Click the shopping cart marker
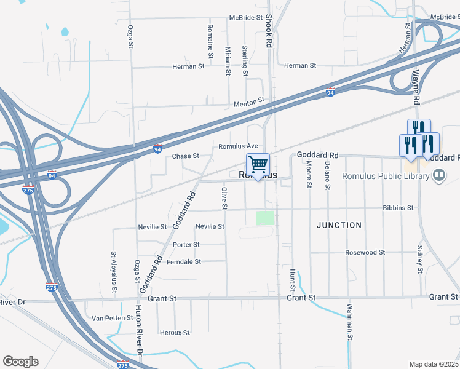258,165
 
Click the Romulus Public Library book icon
439,177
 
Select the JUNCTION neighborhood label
339,225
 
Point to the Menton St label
248,105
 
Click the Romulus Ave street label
238,146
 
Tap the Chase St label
186,156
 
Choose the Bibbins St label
398,208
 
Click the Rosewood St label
365,252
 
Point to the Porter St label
186,245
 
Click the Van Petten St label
111,319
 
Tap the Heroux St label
174,333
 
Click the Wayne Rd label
416,87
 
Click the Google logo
20,362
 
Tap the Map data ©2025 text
434,364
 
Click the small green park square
265,218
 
